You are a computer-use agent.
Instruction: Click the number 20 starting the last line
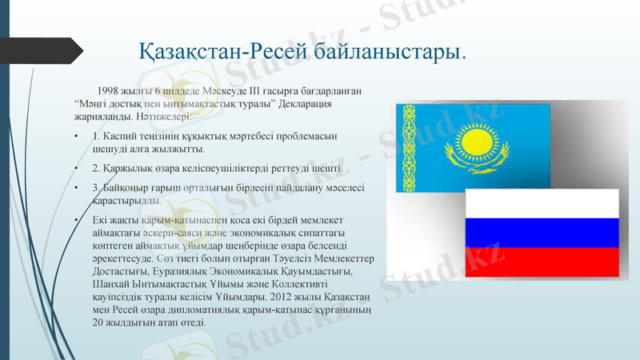(98, 322)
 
